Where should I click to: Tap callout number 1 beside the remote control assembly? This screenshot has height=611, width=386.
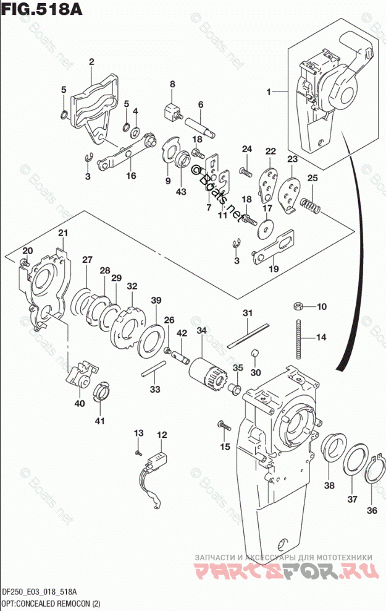click(269, 92)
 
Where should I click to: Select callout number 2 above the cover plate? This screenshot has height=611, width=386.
click(91, 61)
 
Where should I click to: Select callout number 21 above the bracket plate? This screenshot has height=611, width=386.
click(62, 233)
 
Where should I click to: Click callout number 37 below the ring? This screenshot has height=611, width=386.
click(351, 499)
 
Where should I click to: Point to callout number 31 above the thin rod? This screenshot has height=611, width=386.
click(247, 314)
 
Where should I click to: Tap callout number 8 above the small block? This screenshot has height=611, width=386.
click(173, 84)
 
